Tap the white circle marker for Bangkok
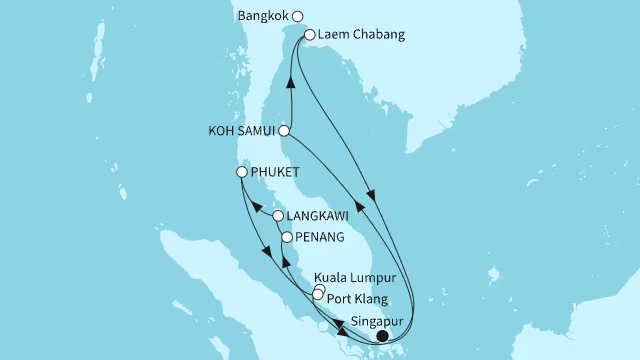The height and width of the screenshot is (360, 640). coord(297,16)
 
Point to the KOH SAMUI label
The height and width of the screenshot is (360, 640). coord(244,131)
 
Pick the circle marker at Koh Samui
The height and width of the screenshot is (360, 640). coord(285,131)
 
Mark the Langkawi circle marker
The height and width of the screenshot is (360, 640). coord(278,215)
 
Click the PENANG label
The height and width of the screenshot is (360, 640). coord(320,238)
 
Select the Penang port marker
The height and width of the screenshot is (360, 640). coord(287,238)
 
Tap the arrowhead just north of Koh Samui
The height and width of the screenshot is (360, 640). coord(291,86)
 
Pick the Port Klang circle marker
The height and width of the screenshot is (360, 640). coord(317,295)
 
